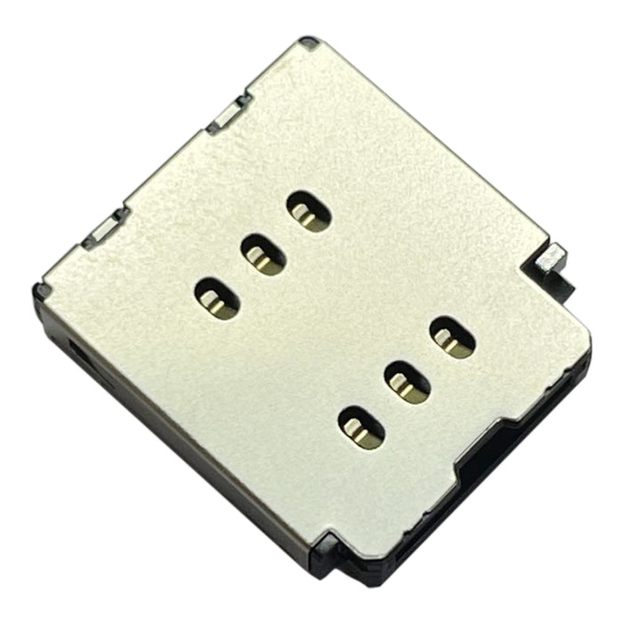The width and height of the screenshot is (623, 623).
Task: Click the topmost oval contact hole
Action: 309,212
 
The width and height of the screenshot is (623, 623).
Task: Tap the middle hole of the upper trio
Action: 263,255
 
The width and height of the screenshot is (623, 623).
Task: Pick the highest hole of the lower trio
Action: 452,338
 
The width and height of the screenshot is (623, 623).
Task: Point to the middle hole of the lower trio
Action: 408,381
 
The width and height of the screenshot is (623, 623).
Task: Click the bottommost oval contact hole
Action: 362,425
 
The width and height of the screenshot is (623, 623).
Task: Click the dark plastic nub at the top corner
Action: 309,42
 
